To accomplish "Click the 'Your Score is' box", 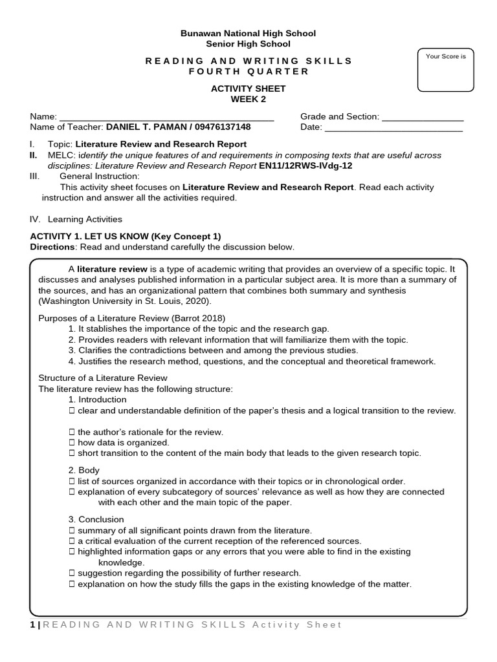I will click(446, 70).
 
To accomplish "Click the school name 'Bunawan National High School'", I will click(248, 33).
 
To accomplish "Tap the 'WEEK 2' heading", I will click(248, 99).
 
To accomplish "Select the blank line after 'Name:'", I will click(166, 117).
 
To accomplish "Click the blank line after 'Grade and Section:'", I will click(423, 117).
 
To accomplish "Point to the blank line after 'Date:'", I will click(393, 127).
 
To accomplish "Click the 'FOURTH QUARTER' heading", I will click(248, 71).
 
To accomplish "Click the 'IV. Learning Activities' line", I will click(76, 219).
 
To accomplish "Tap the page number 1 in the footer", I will click(32, 625).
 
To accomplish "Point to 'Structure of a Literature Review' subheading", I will click(103, 378).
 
